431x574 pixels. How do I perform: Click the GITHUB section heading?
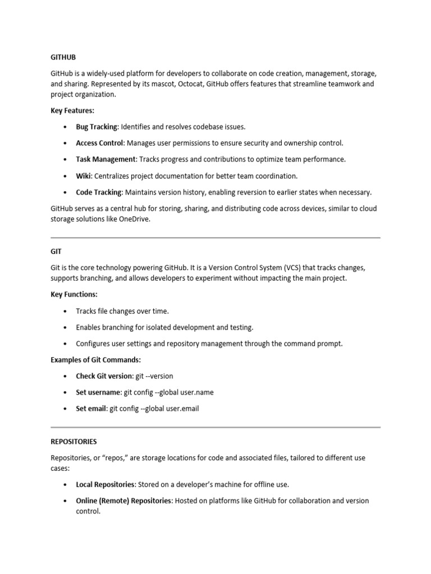pyautogui.click(x=63, y=57)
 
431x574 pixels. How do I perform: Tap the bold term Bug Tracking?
pyautogui.click(x=97, y=127)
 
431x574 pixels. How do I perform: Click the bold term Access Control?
pyautogui.click(x=99, y=143)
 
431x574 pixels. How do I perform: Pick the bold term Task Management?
pyautogui.click(x=106, y=160)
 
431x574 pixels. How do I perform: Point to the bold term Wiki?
pyautogui.click(x=84, y=176)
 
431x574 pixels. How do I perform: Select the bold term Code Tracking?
pyautogui.click(x=99, y=192)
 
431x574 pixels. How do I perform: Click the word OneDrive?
pyautogui.click(x=135, y=219)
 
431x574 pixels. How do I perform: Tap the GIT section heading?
pyautogui.click(x=56, y=252)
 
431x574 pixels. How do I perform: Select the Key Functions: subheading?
pyautogui.click(x=74, y=294)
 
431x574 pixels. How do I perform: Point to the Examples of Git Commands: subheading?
pyautogui.click(x=95, y=359)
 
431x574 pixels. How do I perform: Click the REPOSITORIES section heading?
pyautogui.click(x=74, y=442)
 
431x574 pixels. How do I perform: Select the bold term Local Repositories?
pyautogui.click(x=105, y=484)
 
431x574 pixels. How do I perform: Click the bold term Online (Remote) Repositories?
pyautogui.click(x=123, y=501)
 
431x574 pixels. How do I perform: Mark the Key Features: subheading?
pyautogui.click(x=72, y=111)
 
